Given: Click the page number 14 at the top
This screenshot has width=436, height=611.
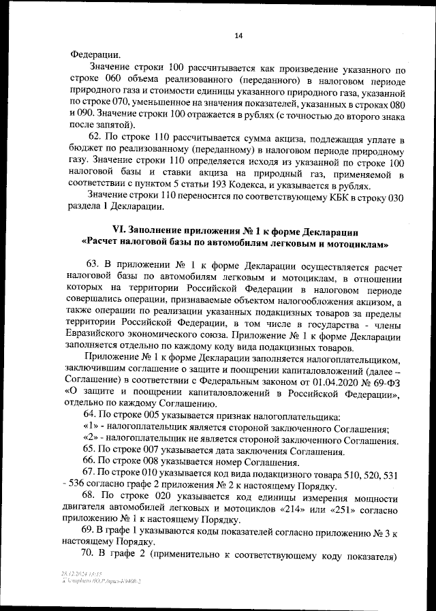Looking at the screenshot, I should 238,36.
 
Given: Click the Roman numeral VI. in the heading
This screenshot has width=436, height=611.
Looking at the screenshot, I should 119,232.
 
